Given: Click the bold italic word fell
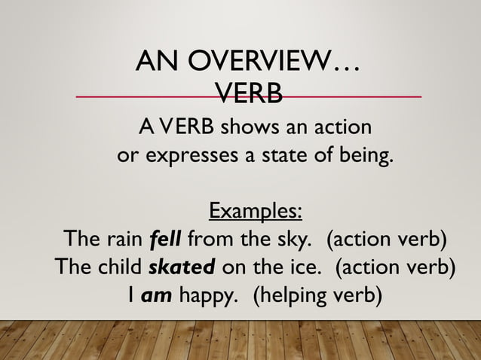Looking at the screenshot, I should pos(165,240).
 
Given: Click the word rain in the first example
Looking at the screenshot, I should pos(124,240).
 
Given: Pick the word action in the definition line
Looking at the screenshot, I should pos(339,125).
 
